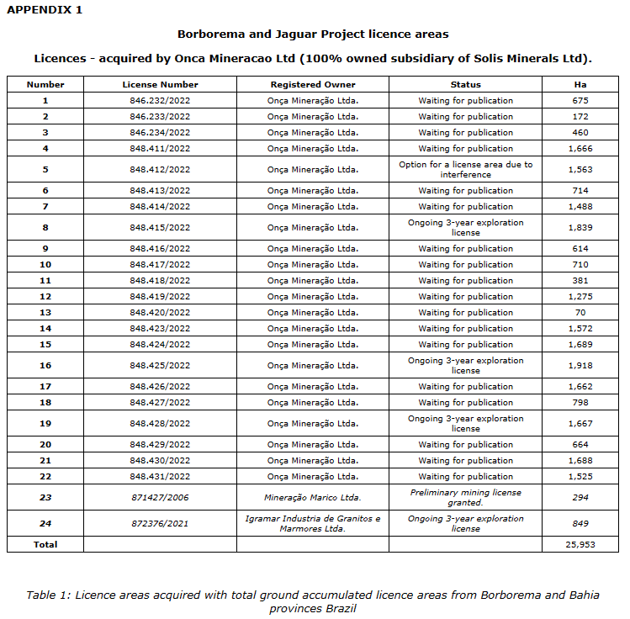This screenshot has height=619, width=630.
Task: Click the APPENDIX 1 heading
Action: pyautogui.click(x=44, y=10)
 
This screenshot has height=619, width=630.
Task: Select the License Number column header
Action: pyautogui.click(x=160, y=84)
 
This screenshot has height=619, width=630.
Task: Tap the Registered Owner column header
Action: pyautogui.click(x=313, y=84)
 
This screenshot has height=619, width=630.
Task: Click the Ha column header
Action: pyautogui.click(x=580, y=84)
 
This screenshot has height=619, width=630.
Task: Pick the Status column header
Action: pyautogui.click(x=465, y=84)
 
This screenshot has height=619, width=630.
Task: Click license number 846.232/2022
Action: pyautogui.click(x=160, y=100)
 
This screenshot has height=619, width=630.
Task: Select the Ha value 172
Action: pyautogui.click(x=580, y=116)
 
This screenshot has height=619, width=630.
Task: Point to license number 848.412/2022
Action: pyautogui.click(x=160, y=169)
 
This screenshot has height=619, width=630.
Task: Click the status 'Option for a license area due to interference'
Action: pyautogui.click(x=465, y=169)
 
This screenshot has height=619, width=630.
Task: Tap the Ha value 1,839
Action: pyautogui.click(x=580, y=227)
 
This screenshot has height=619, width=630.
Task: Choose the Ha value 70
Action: pyautogui.click(x=580, y=312)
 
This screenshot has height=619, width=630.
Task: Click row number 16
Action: pyautogui.click(x=45, y=365)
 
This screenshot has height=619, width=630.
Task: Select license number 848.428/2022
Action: pyautogui.click(x=160, y=423)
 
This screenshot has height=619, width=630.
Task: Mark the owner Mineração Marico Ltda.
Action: pyautogui.click(x=313, y=497)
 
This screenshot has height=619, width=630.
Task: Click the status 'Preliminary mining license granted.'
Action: pyautogui.click(x=465, y=497)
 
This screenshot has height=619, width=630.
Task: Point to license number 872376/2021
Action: pyautogui.click(x=160, y=523)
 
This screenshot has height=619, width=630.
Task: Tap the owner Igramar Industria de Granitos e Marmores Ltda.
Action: pyautogui.click(x=313, y=523)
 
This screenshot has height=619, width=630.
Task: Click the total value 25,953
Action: pyautogui.click(x=580, y=544)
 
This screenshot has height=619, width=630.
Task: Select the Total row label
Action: pyautogui.click(x=45, y=544)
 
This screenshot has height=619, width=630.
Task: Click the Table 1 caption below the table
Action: pyautogui.click(x=313, y=600)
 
